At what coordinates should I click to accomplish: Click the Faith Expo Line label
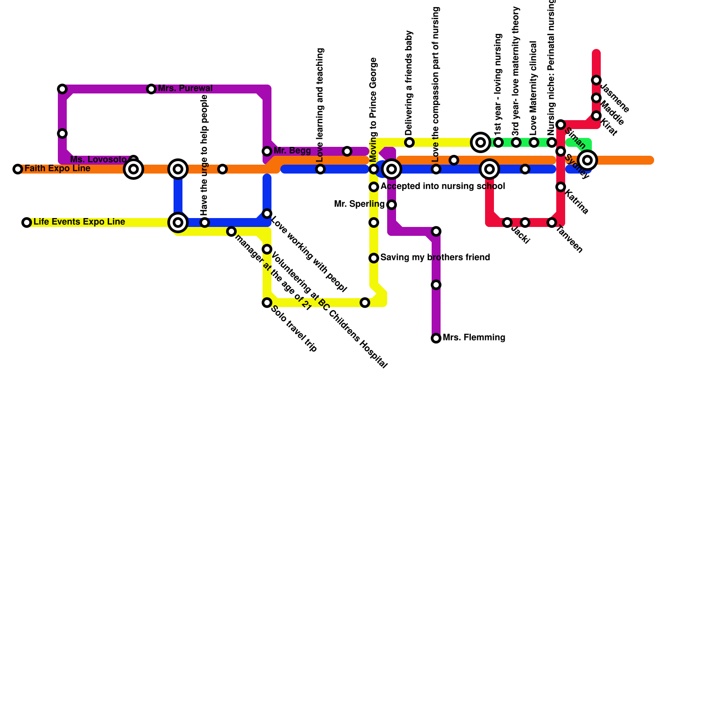click(57, 169)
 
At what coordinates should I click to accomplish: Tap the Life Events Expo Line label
click(79, 222)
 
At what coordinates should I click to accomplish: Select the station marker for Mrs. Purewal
click(151, 89)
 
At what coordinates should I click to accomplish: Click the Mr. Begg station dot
click(267, 151)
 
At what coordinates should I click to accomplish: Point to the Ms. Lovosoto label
click(98, 159)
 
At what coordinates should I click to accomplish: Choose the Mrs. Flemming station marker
click(436, 338)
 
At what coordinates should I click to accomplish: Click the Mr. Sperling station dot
click(392, 205)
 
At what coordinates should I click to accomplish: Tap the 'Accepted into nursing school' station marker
click(374, 187)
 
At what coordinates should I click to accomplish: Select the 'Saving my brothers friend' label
click(435, 258)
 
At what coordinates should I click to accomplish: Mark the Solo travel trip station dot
click(267, 303)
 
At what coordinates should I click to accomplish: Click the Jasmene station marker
click(596, 80)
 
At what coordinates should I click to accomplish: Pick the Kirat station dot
click(596, 116)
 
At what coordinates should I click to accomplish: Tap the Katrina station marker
click(561, 187)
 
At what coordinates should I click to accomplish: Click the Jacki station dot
click(507, 222)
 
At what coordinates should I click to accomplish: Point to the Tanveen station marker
click(552, 222)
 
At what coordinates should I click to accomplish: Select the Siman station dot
click(561, 125)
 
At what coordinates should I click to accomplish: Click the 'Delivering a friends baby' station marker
click(409, 142)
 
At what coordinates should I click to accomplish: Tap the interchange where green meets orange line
click(587, 160)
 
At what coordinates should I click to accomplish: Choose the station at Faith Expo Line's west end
click(18, 169)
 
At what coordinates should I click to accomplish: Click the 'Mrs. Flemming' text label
click(474, 338)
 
